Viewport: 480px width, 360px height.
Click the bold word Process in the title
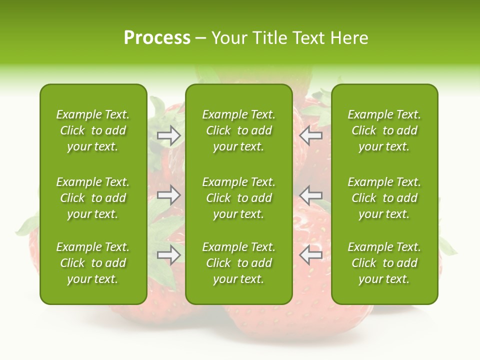pos(157,38)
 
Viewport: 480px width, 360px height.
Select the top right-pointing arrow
pos(169,135)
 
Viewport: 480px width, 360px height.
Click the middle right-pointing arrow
pos(169,195)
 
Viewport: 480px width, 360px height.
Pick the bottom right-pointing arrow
pos(169,255)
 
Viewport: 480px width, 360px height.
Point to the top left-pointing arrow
pos(310,135)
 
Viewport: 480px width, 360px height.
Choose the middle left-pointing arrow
pos(310,195)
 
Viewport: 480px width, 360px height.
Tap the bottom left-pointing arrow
pos(310,255)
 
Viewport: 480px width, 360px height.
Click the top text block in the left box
pos(93,130)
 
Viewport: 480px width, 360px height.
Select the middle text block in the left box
pos(93,198)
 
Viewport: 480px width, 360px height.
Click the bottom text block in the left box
pos(93,263)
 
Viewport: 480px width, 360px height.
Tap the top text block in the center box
pos(238,130)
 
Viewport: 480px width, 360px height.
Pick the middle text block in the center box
pos(238,198)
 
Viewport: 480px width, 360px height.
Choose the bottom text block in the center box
pos(238,263)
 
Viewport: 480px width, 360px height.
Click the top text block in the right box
pos(384,130)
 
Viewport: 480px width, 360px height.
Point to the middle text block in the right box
pos(384,198)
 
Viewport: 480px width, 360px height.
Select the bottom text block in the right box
pos(384,263)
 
